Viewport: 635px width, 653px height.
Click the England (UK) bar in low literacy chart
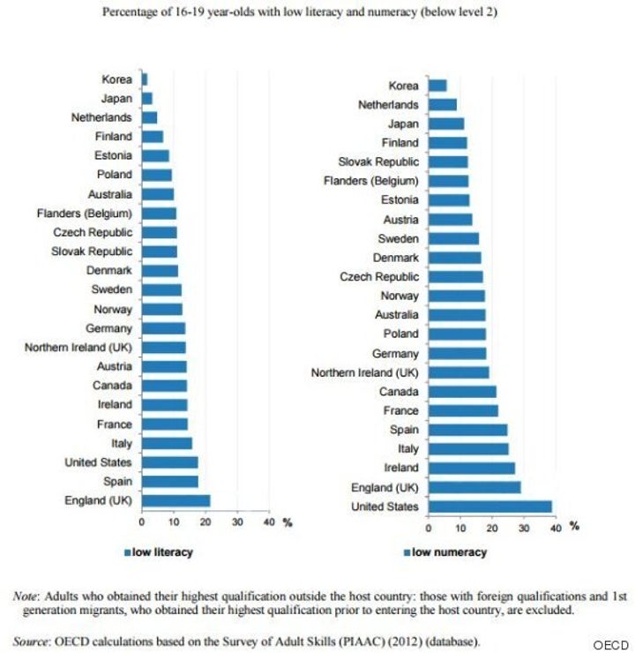tap(176, 500)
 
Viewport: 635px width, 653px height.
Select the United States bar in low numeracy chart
tap(489, 506)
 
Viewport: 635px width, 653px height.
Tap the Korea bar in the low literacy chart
tap(145, 79)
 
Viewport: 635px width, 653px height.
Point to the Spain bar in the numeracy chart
tap(467, 430)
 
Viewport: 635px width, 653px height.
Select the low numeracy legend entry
tap(445, 552)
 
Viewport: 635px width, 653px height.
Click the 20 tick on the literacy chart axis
tap(205, 522)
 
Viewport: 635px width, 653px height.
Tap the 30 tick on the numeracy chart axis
tap(523, 528)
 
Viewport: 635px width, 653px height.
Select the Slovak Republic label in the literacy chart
tap(93, 251)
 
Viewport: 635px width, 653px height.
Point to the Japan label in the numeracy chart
tap(402, 124)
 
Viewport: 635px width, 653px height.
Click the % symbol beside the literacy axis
tap(286, 523)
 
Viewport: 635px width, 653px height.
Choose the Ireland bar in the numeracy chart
tap(471, 468)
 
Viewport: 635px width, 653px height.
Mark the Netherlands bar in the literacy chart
tap(149, 117)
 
